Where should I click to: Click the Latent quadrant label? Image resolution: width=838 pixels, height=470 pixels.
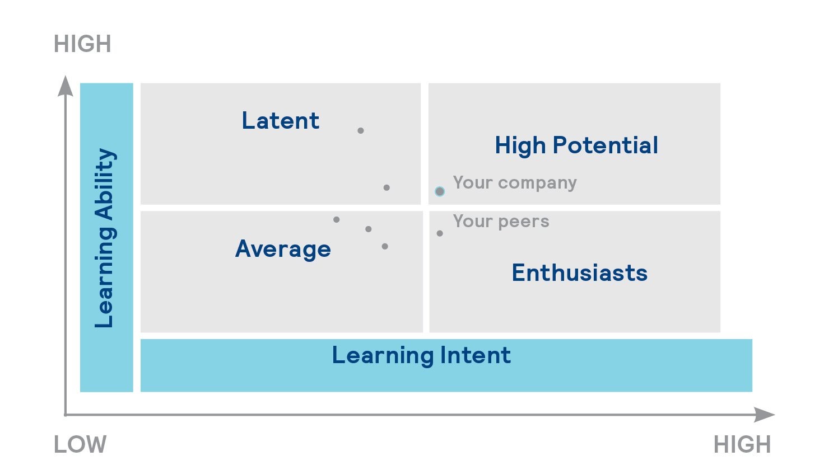pos(281,121)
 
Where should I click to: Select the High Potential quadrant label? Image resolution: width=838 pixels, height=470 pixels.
pos(576,145)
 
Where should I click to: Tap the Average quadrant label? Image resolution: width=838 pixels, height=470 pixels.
pos(283,249)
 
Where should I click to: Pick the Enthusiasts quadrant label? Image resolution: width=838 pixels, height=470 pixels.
pos(580,272)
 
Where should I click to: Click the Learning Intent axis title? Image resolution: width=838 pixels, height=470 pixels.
pos(421,355)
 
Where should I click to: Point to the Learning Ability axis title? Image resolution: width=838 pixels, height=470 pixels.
pos(105,238)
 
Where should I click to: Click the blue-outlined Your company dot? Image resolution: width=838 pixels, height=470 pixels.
pos(440,192)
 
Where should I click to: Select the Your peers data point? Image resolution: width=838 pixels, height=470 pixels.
pos(440,233)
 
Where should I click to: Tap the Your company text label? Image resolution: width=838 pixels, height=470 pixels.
pos(515,183)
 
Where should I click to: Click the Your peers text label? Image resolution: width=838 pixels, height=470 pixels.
pos(501,222)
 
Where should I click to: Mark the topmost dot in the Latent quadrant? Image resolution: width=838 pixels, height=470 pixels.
pos(361,130)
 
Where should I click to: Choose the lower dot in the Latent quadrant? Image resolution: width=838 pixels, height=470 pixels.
pos(387,187)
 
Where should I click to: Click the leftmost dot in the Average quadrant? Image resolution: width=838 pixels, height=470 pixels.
pos(336,220)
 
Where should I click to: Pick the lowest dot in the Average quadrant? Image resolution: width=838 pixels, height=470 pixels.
pos(385,247)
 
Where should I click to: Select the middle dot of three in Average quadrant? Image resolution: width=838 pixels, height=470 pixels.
pos(369,229)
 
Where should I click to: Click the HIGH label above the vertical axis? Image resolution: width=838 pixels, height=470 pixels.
pos(83,44)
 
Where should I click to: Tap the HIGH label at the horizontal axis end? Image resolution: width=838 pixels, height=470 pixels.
pos(742,445)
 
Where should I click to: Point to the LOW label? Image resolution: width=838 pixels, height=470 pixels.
pos(81,445)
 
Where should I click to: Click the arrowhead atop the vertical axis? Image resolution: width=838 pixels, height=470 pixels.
pos(66,86)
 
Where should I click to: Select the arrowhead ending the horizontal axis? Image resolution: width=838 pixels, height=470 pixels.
pos(764,415)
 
